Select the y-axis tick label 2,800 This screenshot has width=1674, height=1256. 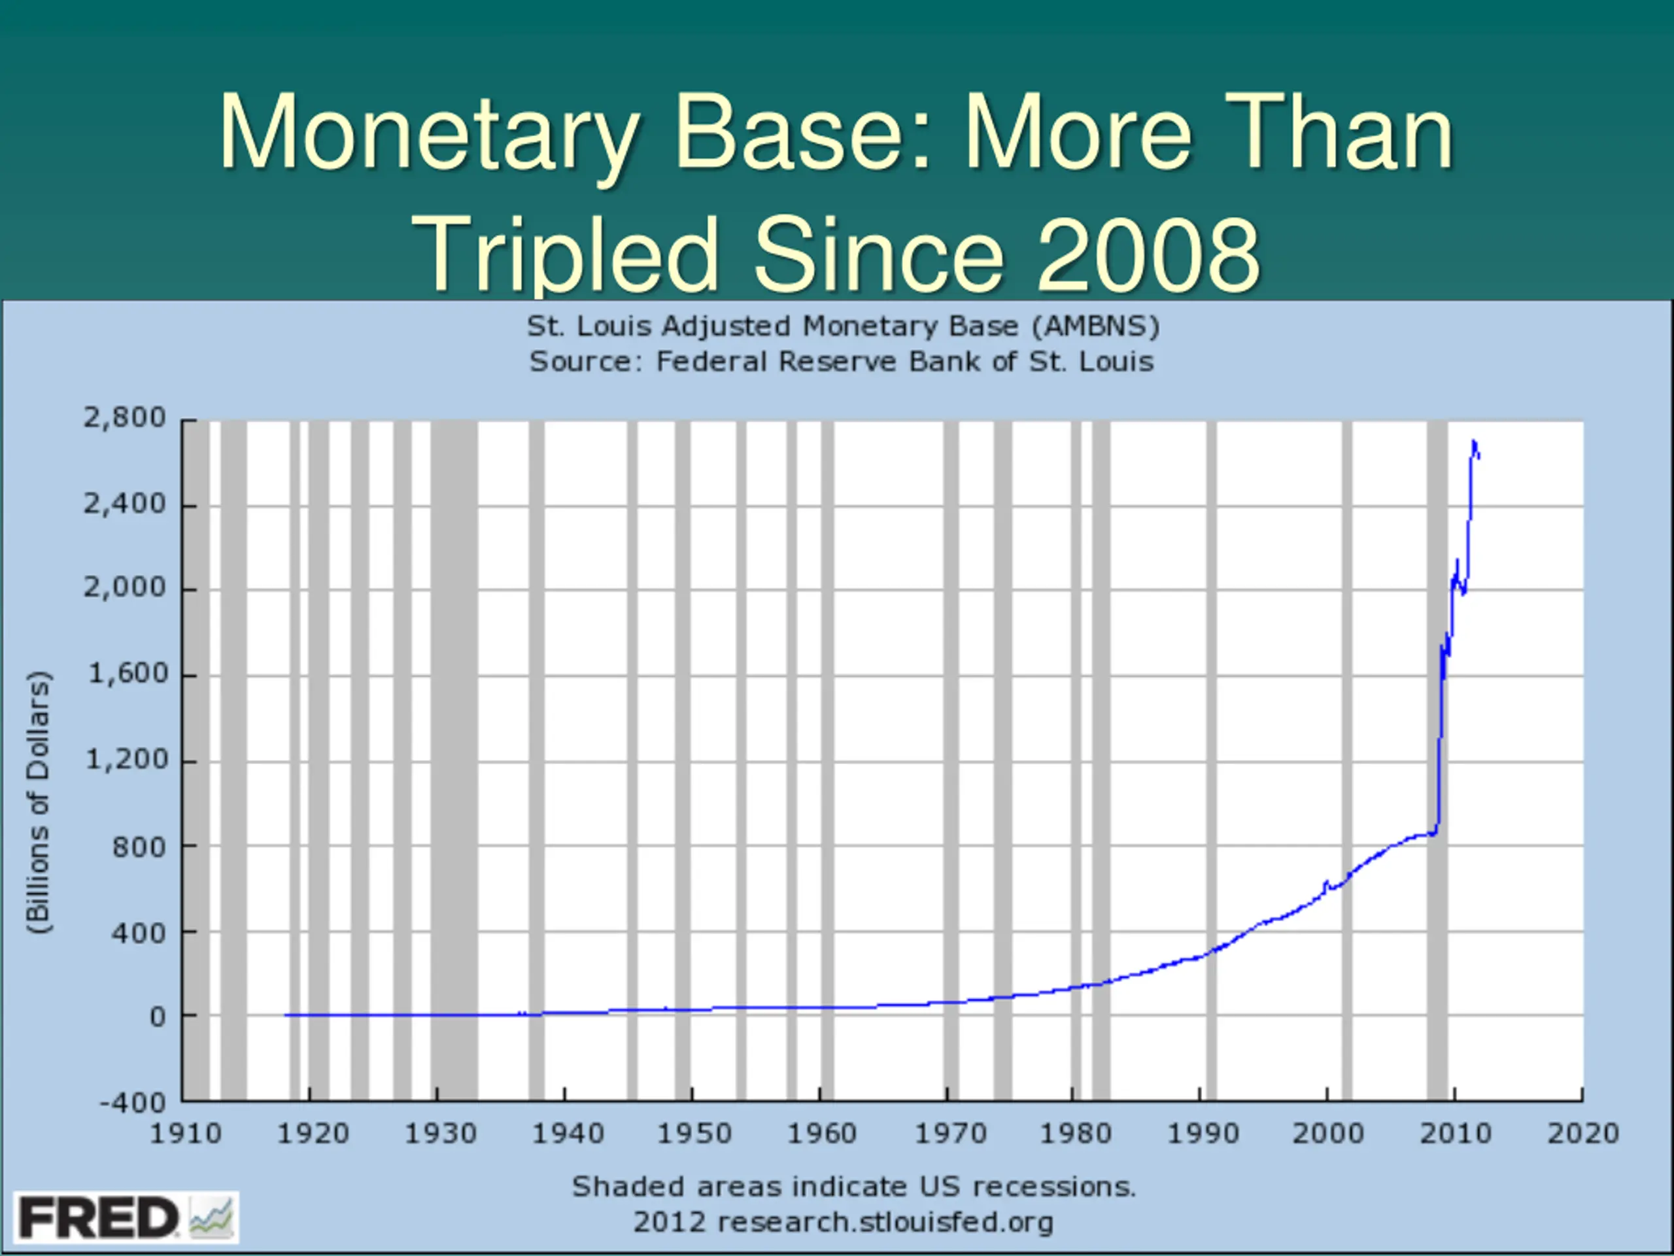tap(124, 417)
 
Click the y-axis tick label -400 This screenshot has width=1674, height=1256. tap(133, 1102)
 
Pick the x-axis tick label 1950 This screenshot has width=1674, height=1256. tap(694, 1134)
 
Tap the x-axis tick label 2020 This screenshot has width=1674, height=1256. tap(1582, 1134)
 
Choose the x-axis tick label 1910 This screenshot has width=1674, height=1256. tap(186, 1134)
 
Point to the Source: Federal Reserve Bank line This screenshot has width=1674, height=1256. tap(841, 362)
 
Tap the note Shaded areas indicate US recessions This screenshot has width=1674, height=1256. tap(853, 1187)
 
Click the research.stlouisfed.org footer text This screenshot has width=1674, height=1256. tap(884, 1222)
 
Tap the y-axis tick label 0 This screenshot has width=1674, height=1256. tap(158, 1017)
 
